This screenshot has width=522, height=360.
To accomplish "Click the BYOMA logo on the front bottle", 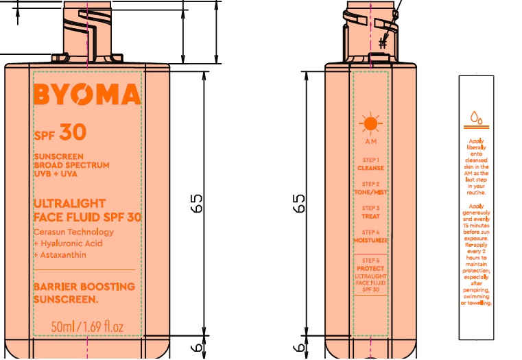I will point(87,96).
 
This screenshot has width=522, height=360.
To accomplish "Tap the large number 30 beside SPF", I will point(73,132).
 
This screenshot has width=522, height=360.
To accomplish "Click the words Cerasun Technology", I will point(73,232).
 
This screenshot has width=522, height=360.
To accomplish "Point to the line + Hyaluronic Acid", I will point(68,243).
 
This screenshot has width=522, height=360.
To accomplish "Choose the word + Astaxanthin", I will point(60,255).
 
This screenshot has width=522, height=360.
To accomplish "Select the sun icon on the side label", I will point(370,124).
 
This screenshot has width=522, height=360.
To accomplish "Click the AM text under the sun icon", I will point(370,142).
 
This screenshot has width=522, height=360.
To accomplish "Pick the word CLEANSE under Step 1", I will point(370,168).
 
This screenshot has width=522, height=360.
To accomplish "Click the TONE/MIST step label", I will point(370,193).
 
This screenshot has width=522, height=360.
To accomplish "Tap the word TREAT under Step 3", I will point(370,217).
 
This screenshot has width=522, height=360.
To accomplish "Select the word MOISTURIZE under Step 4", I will point(370,241).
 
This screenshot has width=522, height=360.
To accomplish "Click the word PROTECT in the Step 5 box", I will point(370,268).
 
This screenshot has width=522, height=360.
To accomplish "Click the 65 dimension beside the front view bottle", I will point(198,204).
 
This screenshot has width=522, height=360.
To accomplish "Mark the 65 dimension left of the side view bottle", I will point(299,204).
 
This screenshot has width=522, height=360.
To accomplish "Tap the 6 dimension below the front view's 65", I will point(198,348).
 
